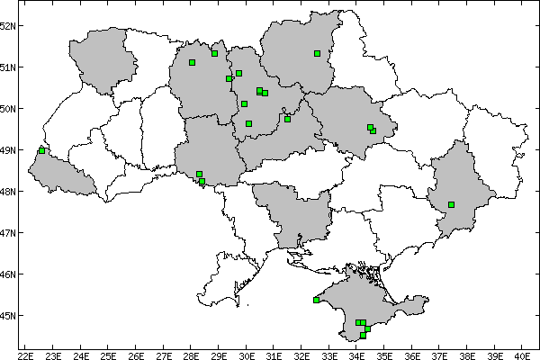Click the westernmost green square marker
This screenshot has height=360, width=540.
coord(41,150)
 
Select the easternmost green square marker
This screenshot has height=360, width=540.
coord(451,204)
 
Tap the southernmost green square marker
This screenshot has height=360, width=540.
coord(363,335)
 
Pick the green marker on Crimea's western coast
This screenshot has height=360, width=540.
coord(316,300)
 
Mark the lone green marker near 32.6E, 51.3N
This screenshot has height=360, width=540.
coord(317,53)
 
